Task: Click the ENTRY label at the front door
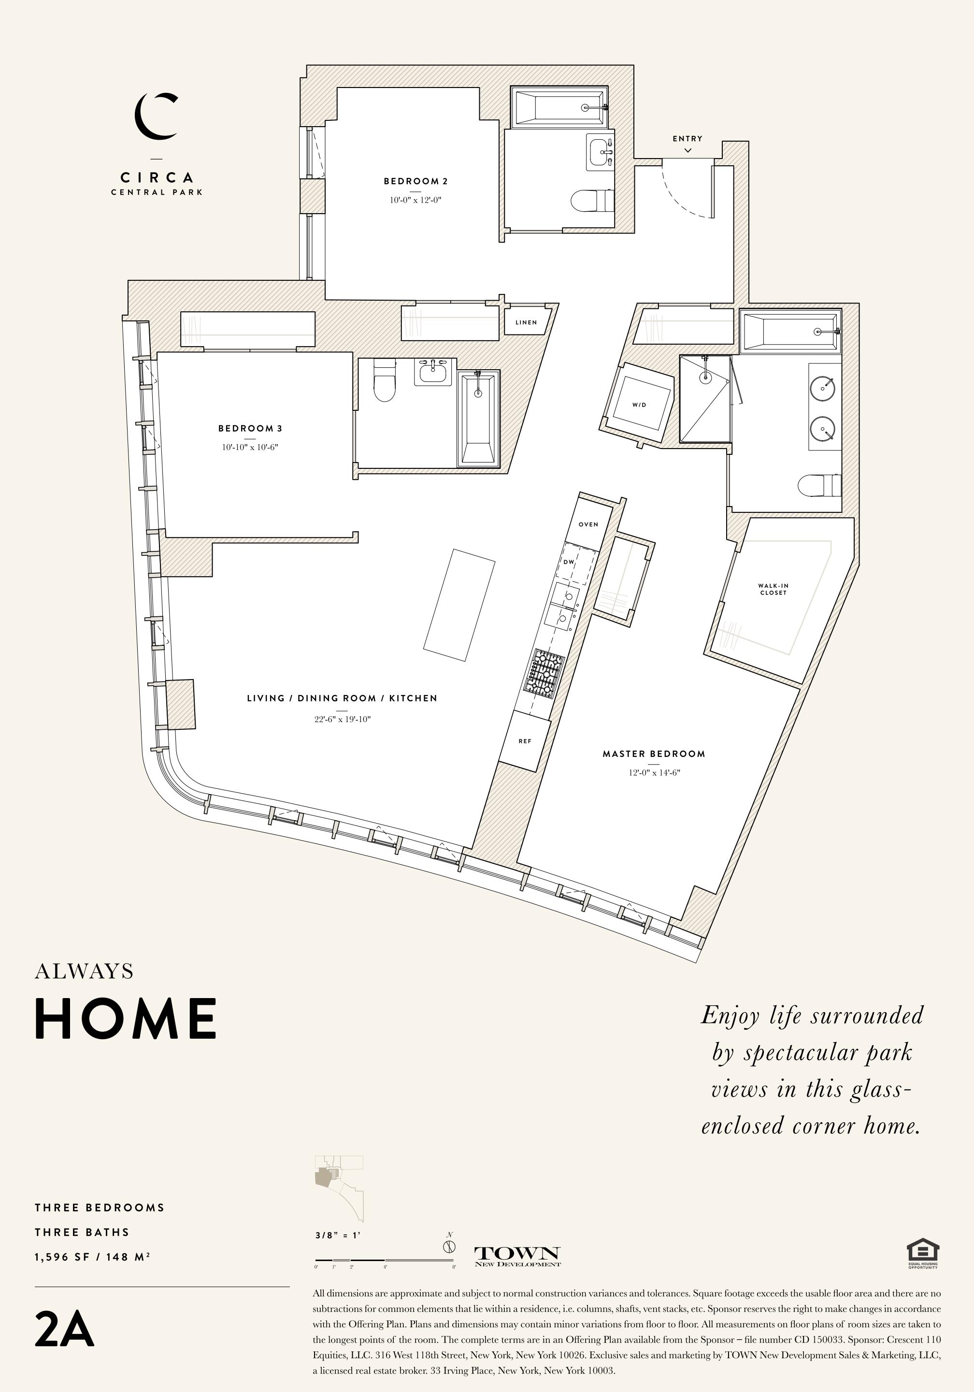(688, 139)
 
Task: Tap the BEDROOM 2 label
(416, 181)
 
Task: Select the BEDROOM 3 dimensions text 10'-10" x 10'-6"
(250, 448)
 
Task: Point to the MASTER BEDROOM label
(654, 754)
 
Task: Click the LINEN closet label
(526, 322)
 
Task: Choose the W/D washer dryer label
(640, 405)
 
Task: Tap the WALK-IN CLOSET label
(773, 589)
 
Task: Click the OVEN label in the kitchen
(588, 524)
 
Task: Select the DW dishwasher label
(569, 562)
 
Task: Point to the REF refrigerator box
(525, 741)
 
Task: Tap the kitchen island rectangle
(459, 605)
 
